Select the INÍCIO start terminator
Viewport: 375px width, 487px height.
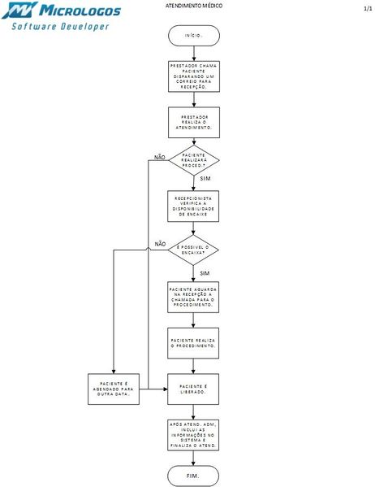point(193,37)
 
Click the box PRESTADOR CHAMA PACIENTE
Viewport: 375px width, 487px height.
point(193,76)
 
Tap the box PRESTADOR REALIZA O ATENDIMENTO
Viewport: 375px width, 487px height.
point(193,123)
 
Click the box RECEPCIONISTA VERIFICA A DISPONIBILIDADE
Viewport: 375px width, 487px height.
point(193,206)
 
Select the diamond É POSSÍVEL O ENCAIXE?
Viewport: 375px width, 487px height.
point(193,250)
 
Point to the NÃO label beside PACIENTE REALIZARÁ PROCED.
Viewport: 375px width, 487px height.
point(159,157)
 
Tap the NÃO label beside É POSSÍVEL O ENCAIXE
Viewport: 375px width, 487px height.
point(159,244)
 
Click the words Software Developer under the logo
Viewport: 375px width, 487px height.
point(60,26)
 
